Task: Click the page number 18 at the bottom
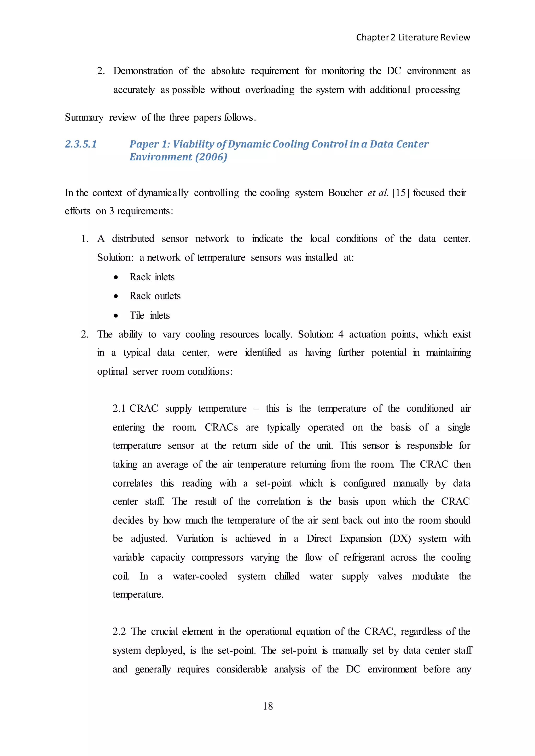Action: (x=267, y=706)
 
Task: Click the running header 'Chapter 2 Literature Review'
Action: (x=413, y=38)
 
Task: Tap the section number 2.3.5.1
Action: (x=81, y=144)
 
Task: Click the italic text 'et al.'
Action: (x=378, y=193)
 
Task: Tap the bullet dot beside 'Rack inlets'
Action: (x=116, y=277)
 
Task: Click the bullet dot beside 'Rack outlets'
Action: (x=116, y=296)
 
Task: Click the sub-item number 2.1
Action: (x=119, y=409)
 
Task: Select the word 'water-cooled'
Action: (x=200, y=576)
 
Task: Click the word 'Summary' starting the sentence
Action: (x=84, y=117)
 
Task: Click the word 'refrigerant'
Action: (x=364, y=557)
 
